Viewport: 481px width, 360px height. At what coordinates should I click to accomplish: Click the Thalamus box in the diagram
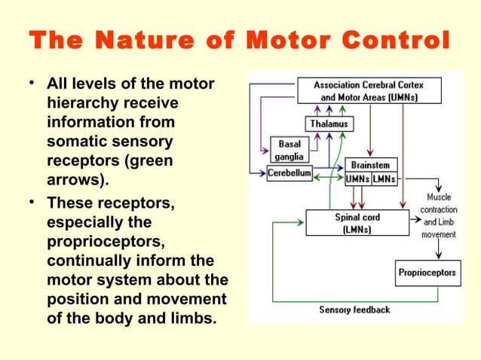329,124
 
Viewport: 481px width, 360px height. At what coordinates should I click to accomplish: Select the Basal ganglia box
290,150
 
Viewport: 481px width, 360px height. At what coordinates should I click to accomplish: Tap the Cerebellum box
290,173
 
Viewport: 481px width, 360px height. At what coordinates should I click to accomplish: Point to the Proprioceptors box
427,273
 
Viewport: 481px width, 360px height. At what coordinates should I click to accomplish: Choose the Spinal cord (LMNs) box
357,223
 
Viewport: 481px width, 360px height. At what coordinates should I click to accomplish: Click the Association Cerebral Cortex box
369,90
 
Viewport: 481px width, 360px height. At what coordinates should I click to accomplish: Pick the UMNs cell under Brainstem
358,179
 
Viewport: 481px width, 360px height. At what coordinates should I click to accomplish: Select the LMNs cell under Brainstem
384,179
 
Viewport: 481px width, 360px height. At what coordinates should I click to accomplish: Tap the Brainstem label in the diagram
371,165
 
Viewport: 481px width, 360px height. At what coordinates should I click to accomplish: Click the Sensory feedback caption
354,310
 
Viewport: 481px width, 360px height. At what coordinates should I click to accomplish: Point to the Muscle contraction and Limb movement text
439,215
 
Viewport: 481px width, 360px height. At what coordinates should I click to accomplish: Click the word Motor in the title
288,40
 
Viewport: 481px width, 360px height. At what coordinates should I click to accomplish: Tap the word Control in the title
396,40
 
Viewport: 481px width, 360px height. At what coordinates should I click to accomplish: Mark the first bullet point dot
32,83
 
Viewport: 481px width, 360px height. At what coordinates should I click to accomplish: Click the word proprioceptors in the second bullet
106,242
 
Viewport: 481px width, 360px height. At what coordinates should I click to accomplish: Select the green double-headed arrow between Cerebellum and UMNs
329,177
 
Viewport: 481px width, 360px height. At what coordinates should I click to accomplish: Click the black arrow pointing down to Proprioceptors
439,249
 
